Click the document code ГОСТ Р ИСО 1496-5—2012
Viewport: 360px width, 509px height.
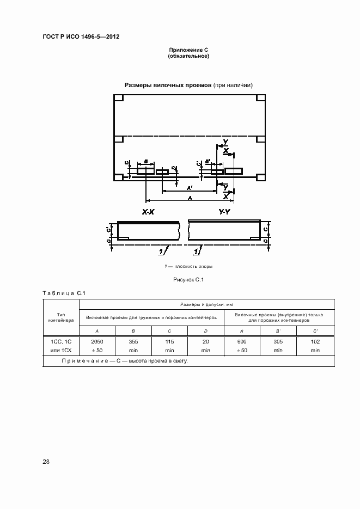pos(81,36)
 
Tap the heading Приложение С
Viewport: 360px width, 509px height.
pos(189,50)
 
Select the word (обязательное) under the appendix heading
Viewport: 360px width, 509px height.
pos(189,56)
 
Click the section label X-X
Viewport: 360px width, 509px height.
pos(148,213)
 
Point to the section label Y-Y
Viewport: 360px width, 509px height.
pos(224,213)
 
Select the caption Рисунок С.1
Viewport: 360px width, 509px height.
pos(188,280)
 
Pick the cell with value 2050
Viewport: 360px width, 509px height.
pos(97,341)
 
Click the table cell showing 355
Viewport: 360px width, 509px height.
pos(133,341)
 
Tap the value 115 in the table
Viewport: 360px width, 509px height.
pos(169,341)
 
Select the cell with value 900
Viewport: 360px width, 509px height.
pos(242,341)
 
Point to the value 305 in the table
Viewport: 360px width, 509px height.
pos(278,341)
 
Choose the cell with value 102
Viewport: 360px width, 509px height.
pos(315,341)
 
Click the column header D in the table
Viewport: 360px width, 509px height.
pos(205,331)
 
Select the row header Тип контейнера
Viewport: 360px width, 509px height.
pos(61,317)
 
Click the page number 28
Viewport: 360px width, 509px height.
pos(46,462)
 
